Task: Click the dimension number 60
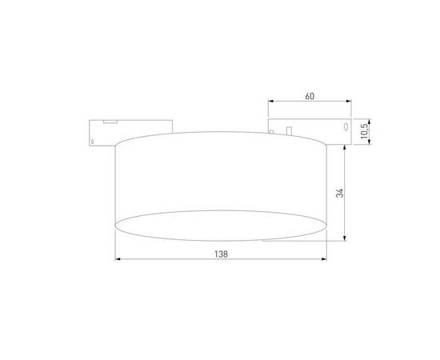click(310, 96)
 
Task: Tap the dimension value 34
click(340, 193)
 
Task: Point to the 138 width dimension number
click(222, 254)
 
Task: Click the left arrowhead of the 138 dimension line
click(118, 259)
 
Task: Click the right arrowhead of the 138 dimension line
click(326, 259)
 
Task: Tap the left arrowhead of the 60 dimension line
click(270, 102)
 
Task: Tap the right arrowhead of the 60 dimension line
click(350, 102)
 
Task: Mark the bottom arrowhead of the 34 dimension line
click(345, 239)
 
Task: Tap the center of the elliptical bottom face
click(222, 223)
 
